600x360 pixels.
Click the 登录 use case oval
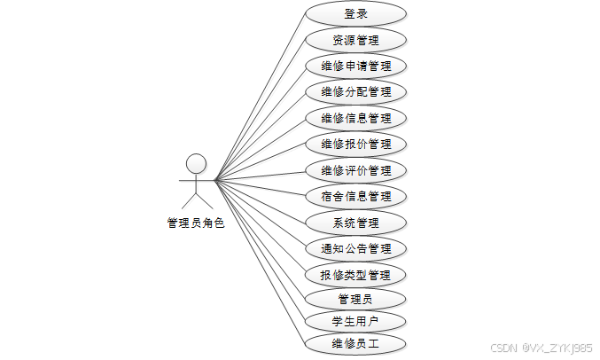pyautogui.click(x=355, y=13)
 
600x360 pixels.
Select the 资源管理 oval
pyautogui.click(x=355, y=40)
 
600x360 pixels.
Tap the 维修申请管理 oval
pyautogui.click(x=355, y=66)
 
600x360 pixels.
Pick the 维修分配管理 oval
pyautogui.click(x=355, y=91)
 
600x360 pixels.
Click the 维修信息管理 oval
pyautogui.click(x=355, y=118)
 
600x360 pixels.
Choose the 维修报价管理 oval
pyautogui.click(x=355, y=144)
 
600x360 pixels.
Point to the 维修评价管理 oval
pyautogui.click(x=355, y=170)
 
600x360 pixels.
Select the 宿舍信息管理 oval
pyautogui.click(x=355, y=196)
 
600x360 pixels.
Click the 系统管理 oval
pyautogui.click(x=355, y=222)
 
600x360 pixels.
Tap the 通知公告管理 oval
pyautogui.click(x=355, y=248)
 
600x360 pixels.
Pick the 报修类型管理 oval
pyautogui.click(x=355, y=274)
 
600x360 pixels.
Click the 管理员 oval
pyautogui.click(x=355, y=299)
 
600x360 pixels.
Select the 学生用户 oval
pyautogui.click(x=355, y=321)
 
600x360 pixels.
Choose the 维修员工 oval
pyautogui.click(x=355, y=343)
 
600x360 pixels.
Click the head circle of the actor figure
pyautogui.click(x=196, y=163)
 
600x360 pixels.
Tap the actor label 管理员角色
pyautogui.click(x=196, y=223)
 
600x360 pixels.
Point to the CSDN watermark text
pyautogui.click(x=541, y=348)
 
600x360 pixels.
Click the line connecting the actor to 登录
pyautogui.click(x=260, y=98)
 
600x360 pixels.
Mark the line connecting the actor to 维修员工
pyautogui.click(x=260, y=262)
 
